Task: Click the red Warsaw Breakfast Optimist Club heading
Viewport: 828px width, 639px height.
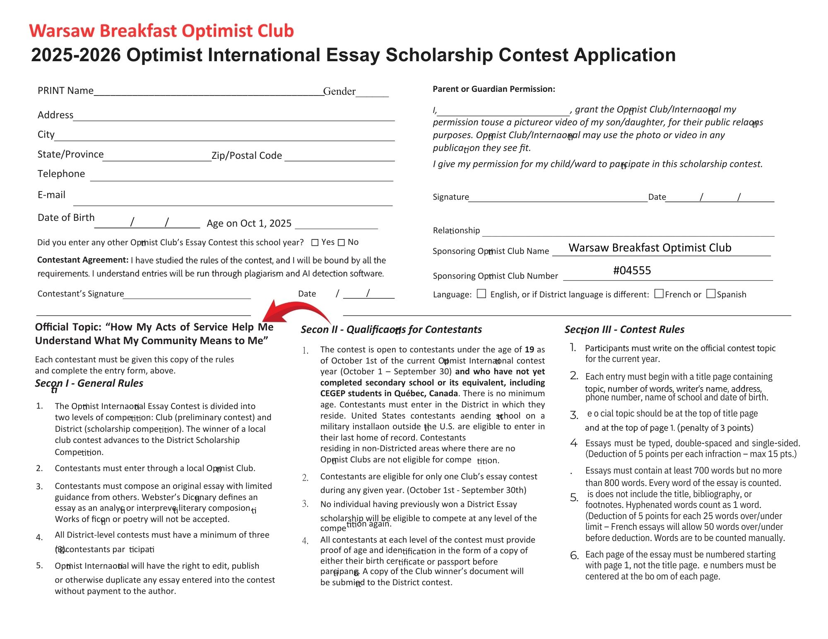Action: (x=161, y=31)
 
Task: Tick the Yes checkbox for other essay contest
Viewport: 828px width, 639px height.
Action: (x=315, y=243)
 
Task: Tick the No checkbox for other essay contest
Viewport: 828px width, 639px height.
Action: (x=341, y=243)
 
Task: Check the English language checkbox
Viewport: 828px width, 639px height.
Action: (x=481, y=294)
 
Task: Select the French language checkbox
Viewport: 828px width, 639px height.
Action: (x=659, y=294)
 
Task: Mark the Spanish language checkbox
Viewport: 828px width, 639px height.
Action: (x=711, y=294)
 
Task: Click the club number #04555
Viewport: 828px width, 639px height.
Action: (x=632, y=270)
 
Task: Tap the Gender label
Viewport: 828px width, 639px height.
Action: (x=339, y=91)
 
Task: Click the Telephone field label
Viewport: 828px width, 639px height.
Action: (x=61, y=174)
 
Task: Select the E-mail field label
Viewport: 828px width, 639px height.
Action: (x=52, y=195)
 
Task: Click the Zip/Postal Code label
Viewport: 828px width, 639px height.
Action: (x=247, y=156)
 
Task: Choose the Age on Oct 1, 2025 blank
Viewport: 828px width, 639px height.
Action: (x=336, y=225)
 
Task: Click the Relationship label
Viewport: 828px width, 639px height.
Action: (x=456, y=230)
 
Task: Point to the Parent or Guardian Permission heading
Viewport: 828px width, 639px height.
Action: (x=494, y=89)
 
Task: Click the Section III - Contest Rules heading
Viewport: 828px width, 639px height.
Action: (x=624, y=330)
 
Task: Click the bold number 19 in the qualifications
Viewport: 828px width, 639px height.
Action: (x=529, y=349)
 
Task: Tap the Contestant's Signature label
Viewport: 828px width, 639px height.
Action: (x=81, y=294)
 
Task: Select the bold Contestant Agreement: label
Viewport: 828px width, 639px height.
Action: (x=83, y=260)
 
